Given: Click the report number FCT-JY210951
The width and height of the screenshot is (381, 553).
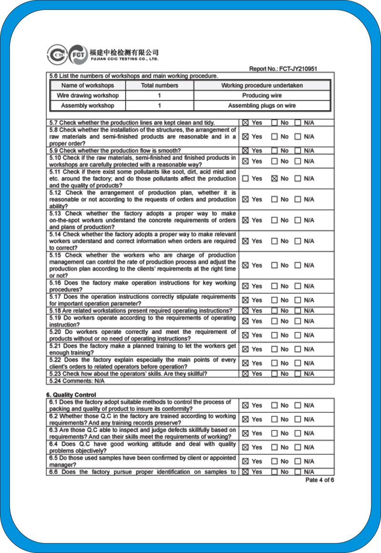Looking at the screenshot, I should pos(283,69).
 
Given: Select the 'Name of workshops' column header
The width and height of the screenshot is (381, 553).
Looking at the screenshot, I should pos(88,85).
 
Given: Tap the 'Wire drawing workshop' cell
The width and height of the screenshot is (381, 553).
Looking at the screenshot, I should pos(88,95).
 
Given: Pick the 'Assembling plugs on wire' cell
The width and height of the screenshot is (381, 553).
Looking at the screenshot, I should pos(261,105).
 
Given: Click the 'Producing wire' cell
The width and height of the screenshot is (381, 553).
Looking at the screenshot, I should pos(261,95).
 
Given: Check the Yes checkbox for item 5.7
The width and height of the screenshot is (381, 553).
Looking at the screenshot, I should pos(245,123).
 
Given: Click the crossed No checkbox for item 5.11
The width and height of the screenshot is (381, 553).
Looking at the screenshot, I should pos(274,178).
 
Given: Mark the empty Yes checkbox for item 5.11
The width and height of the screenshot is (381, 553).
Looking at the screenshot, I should pos(245,178).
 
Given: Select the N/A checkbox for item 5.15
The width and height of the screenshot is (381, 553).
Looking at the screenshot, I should pos(298,265).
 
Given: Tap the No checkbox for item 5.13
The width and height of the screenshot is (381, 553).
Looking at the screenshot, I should pos(274,220).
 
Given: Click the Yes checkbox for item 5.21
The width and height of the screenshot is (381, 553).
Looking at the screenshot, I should pos(245,349).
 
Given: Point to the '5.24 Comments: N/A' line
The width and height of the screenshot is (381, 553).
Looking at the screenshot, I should pos(77,381).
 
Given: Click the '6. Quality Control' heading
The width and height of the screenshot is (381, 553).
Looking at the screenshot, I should pos(71,395).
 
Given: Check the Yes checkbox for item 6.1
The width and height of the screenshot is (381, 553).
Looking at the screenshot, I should pos(245,405).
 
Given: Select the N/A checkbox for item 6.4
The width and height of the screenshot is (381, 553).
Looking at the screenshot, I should pos(298,447).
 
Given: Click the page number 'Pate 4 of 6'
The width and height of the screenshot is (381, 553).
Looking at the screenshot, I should pos(320,480).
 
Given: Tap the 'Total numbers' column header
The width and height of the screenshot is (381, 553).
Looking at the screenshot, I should pos(160,85).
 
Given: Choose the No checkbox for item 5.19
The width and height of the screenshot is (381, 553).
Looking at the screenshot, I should pos(274,321).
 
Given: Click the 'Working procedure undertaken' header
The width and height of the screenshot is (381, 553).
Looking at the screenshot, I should pos(261,85).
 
